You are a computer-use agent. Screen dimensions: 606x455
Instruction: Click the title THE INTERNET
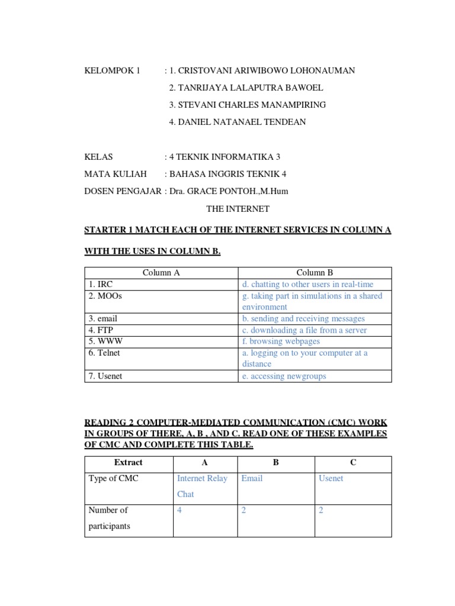(238, 209)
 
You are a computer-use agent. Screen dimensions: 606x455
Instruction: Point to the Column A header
(161, 273)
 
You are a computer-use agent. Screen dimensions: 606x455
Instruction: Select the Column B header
(315, 273)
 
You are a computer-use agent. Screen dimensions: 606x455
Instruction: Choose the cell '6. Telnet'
(104, 353)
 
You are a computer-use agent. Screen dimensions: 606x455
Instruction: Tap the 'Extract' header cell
(129, 462)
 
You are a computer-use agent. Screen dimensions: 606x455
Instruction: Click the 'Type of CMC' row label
(113, 478)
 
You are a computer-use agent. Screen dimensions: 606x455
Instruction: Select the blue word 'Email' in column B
(252, 478)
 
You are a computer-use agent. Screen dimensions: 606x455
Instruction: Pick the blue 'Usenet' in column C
(331, 478)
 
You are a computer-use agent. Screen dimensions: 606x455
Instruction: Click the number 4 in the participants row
(180, 510)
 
